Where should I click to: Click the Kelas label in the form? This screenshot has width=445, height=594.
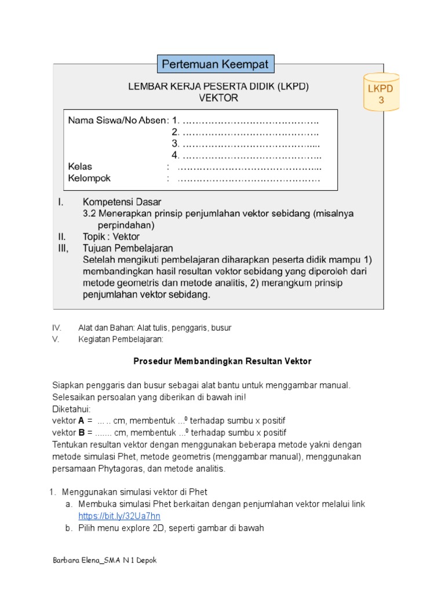point(80,167)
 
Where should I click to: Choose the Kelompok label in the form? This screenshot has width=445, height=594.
point(89,179)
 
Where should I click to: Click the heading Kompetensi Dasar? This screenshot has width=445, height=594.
point(122,202)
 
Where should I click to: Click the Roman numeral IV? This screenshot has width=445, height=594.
point(57,328)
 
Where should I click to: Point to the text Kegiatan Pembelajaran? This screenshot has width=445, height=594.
point(121,339)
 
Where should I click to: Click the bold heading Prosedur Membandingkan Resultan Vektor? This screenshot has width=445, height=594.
point(222,361)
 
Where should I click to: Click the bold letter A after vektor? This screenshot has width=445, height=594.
point(82,420)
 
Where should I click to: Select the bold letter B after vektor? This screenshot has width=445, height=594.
point(82,433)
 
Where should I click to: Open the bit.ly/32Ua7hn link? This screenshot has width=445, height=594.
point(119,516)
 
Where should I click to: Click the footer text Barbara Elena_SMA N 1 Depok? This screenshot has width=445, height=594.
point(104,561)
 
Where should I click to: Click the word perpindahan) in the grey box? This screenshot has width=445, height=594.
point(125,225)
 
